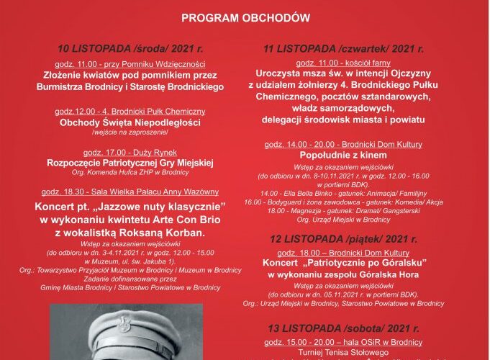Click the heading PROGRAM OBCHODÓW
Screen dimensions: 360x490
click(x=246, y=19)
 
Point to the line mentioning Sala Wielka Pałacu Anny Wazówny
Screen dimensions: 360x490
click(x=130, y=192)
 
